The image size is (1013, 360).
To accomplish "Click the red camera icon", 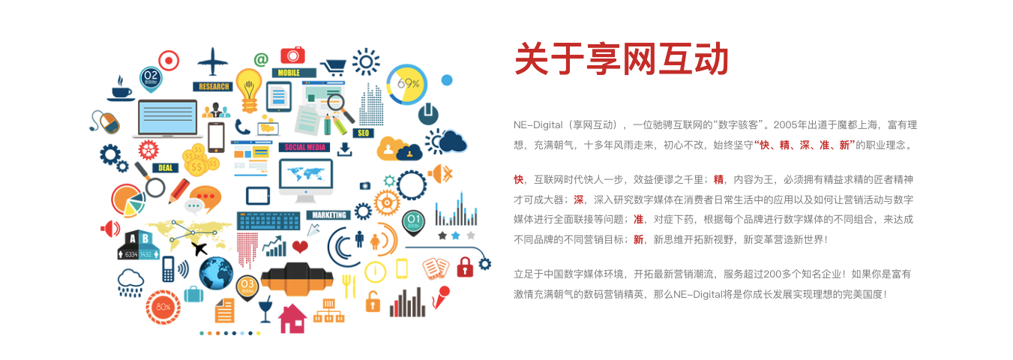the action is coord(292,55).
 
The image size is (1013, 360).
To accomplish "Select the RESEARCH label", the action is coord(213,86).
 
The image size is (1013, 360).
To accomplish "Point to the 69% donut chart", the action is coord(406,84).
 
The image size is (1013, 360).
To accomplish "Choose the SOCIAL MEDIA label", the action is coord(305,147).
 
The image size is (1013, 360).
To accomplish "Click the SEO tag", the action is coord(363,133).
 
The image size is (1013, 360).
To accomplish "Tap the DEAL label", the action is coord(165,168).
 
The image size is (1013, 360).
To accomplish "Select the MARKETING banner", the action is coord(328,214).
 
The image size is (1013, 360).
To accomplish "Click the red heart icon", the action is coord(300,247).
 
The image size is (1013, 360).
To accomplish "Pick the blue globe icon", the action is coord(216,274).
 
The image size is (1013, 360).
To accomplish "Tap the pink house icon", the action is coord(292,319).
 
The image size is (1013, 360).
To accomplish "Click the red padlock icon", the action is coord(464,267).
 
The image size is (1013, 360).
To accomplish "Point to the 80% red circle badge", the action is coord(163,307).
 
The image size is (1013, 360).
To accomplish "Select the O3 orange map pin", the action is coord(247,287).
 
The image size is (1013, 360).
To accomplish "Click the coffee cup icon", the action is coord(121,89).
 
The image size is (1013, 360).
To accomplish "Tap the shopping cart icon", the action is coord(334,67).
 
